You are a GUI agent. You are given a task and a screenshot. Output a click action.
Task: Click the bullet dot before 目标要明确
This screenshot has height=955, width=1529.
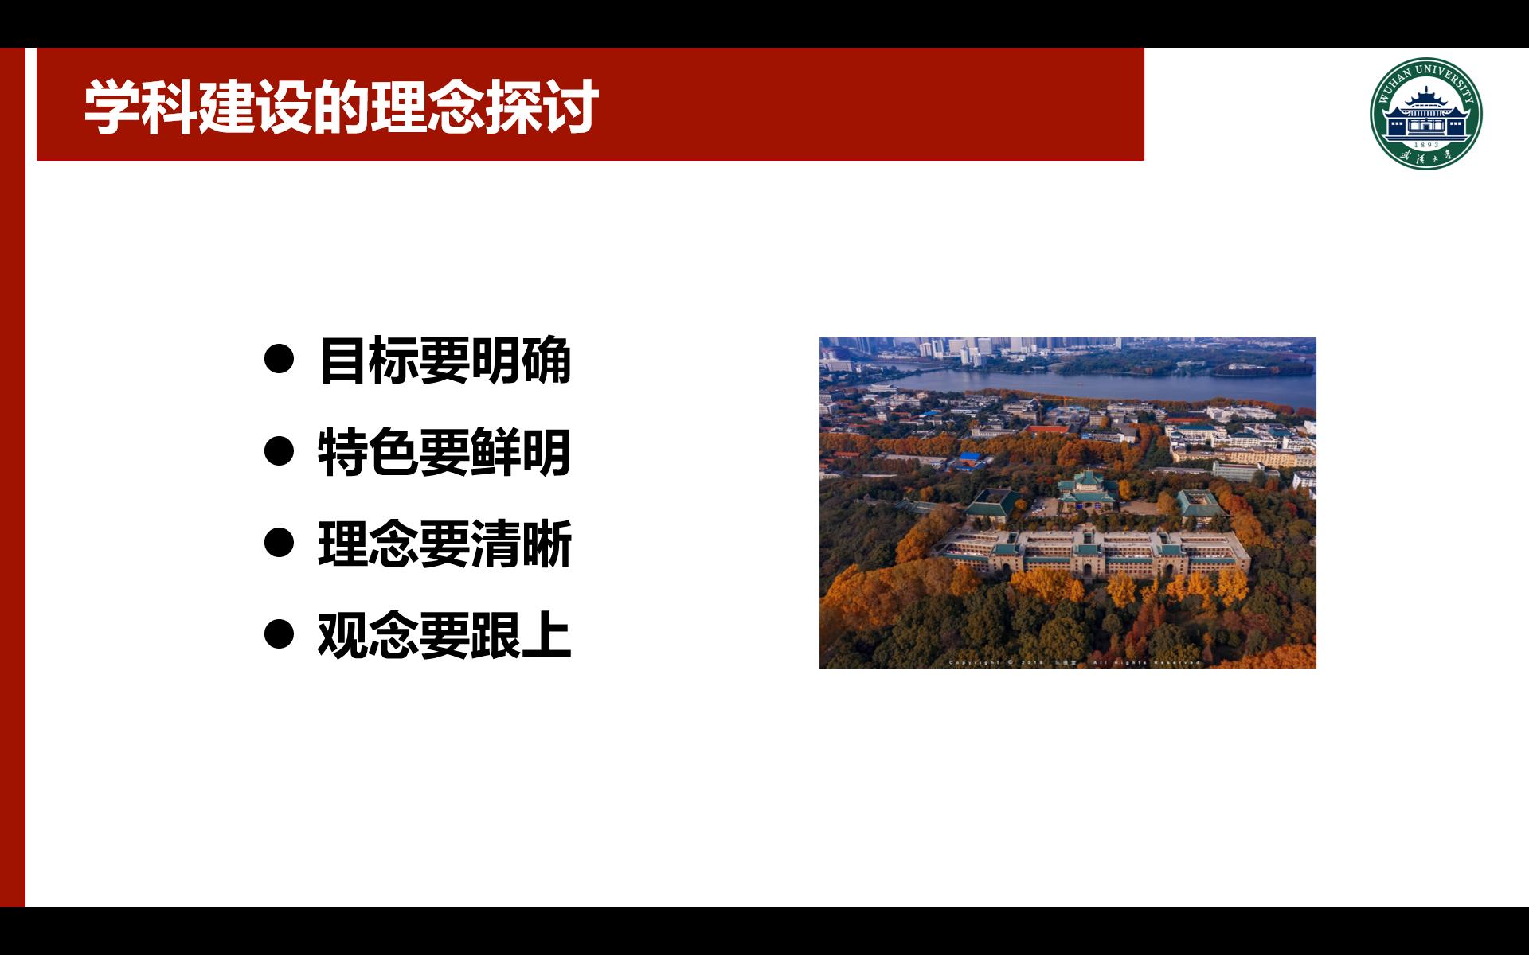(x=279, y=361)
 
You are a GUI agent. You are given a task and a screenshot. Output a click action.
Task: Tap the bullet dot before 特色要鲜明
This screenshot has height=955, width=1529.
(x=279, y=452)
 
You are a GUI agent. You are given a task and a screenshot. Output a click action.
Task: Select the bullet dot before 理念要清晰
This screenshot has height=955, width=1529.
(x=279, y=544)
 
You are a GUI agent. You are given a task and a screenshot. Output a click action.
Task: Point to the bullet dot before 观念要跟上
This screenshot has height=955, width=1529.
(x=279, y=635)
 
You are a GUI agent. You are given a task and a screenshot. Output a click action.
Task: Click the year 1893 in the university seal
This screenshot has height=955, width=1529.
(x=1425, y=145)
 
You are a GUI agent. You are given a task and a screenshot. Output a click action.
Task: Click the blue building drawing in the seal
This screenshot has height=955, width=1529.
(x=1425, y=115)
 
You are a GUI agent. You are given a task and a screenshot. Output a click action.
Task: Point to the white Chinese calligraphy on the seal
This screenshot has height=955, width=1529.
(x=1425, y=157)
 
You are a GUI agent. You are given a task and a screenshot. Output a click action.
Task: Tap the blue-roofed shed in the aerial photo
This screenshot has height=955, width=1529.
(x=969, y=459)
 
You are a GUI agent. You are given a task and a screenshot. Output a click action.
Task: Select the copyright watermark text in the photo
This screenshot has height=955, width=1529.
(x=1074, y=662)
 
